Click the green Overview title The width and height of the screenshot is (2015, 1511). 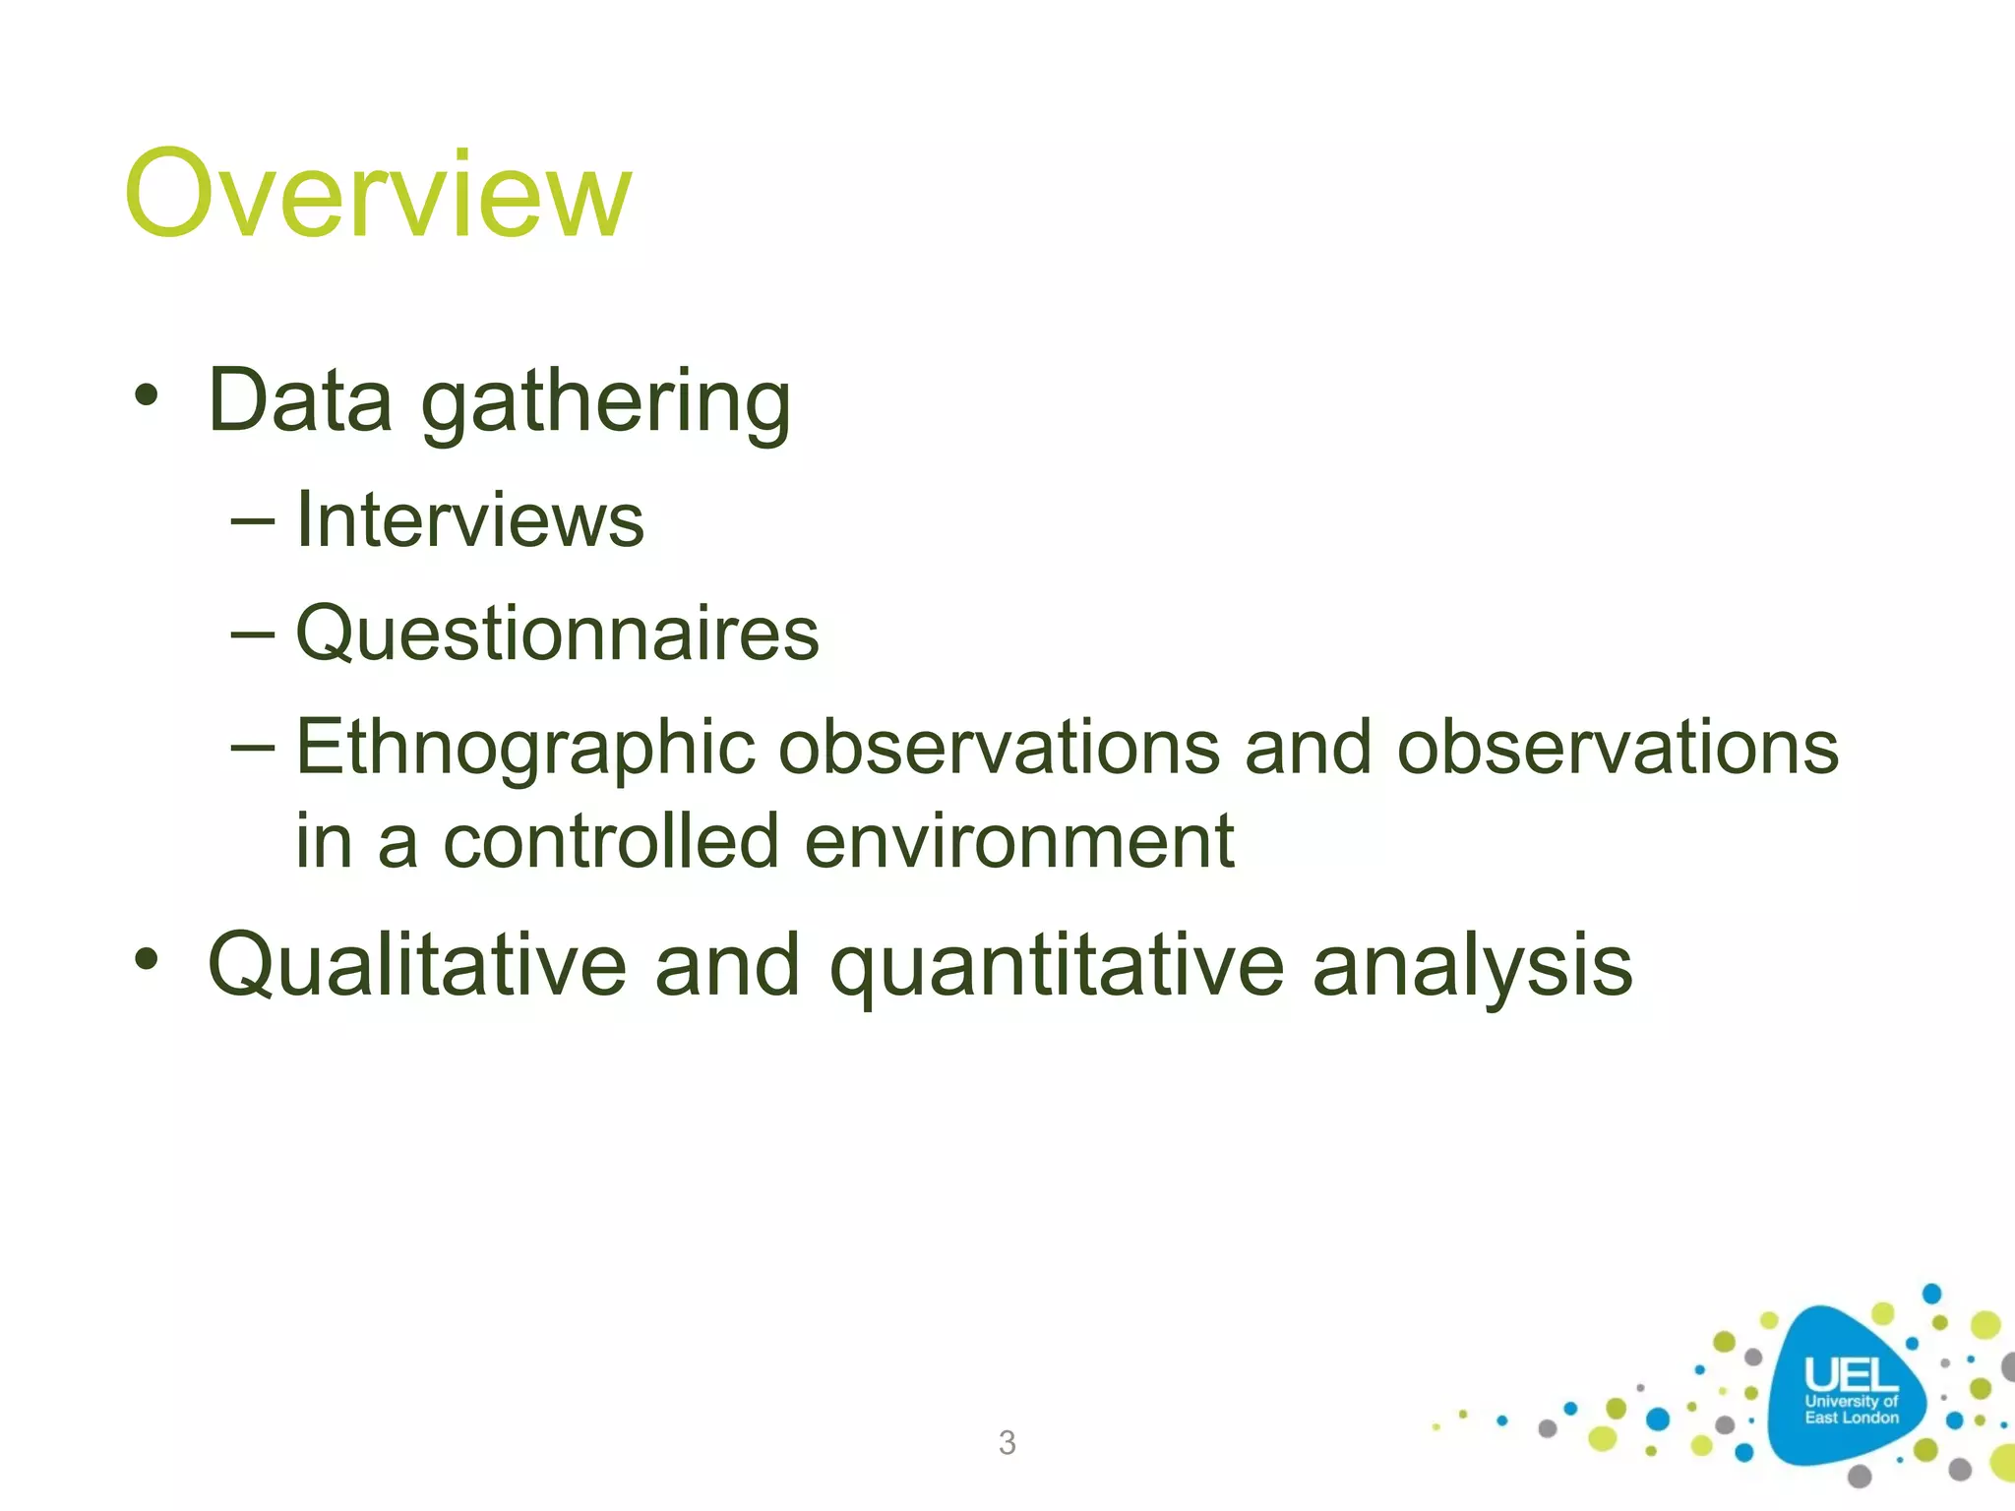[x=377, y=194]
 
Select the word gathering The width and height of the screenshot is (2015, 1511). [x=606, y=403]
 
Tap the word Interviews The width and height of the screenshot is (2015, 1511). [x=469, y=519]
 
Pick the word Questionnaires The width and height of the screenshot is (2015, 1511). [x=557, y=634]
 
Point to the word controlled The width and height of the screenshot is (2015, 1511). [x=611, y=841]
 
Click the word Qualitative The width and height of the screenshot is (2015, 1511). [x=417, y=965]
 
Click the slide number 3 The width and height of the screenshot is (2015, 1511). [x=1007, y=1442]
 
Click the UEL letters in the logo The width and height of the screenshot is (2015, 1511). [x=1850, y=1374]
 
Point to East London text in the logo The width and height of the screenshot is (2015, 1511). [x=1851, y=1418]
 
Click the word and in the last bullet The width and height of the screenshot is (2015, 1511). [x=727, y=965]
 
